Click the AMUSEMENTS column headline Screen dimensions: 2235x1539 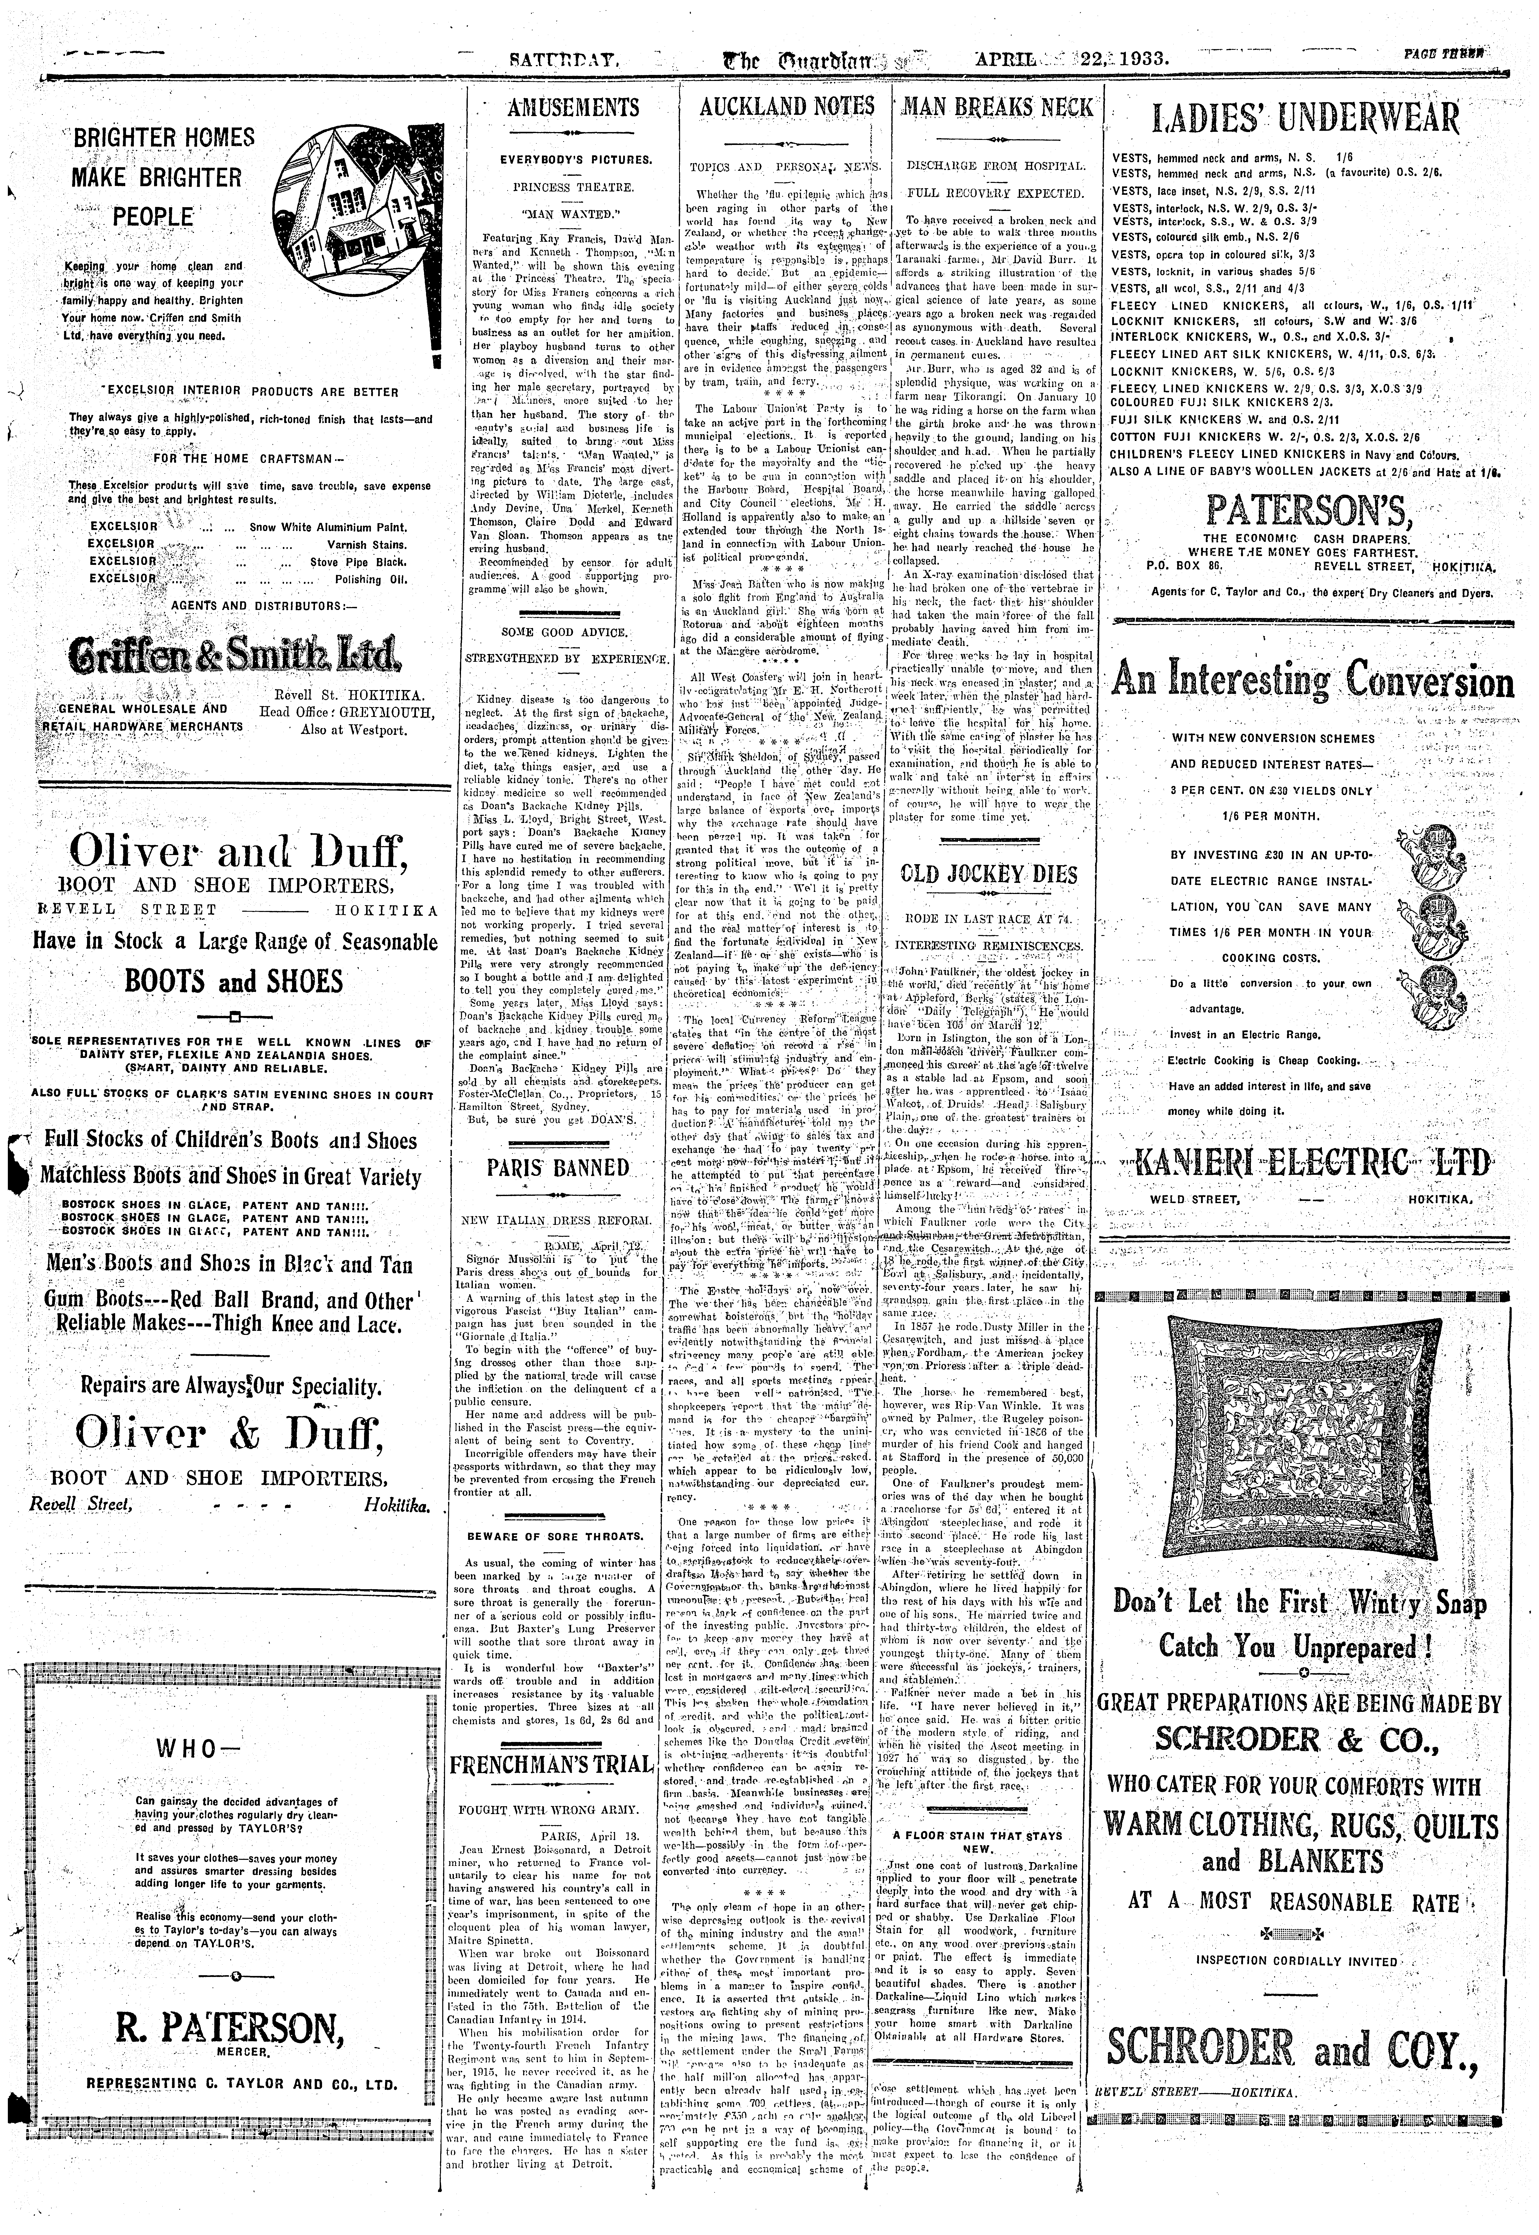pyautogui.click(x=573, y=108)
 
